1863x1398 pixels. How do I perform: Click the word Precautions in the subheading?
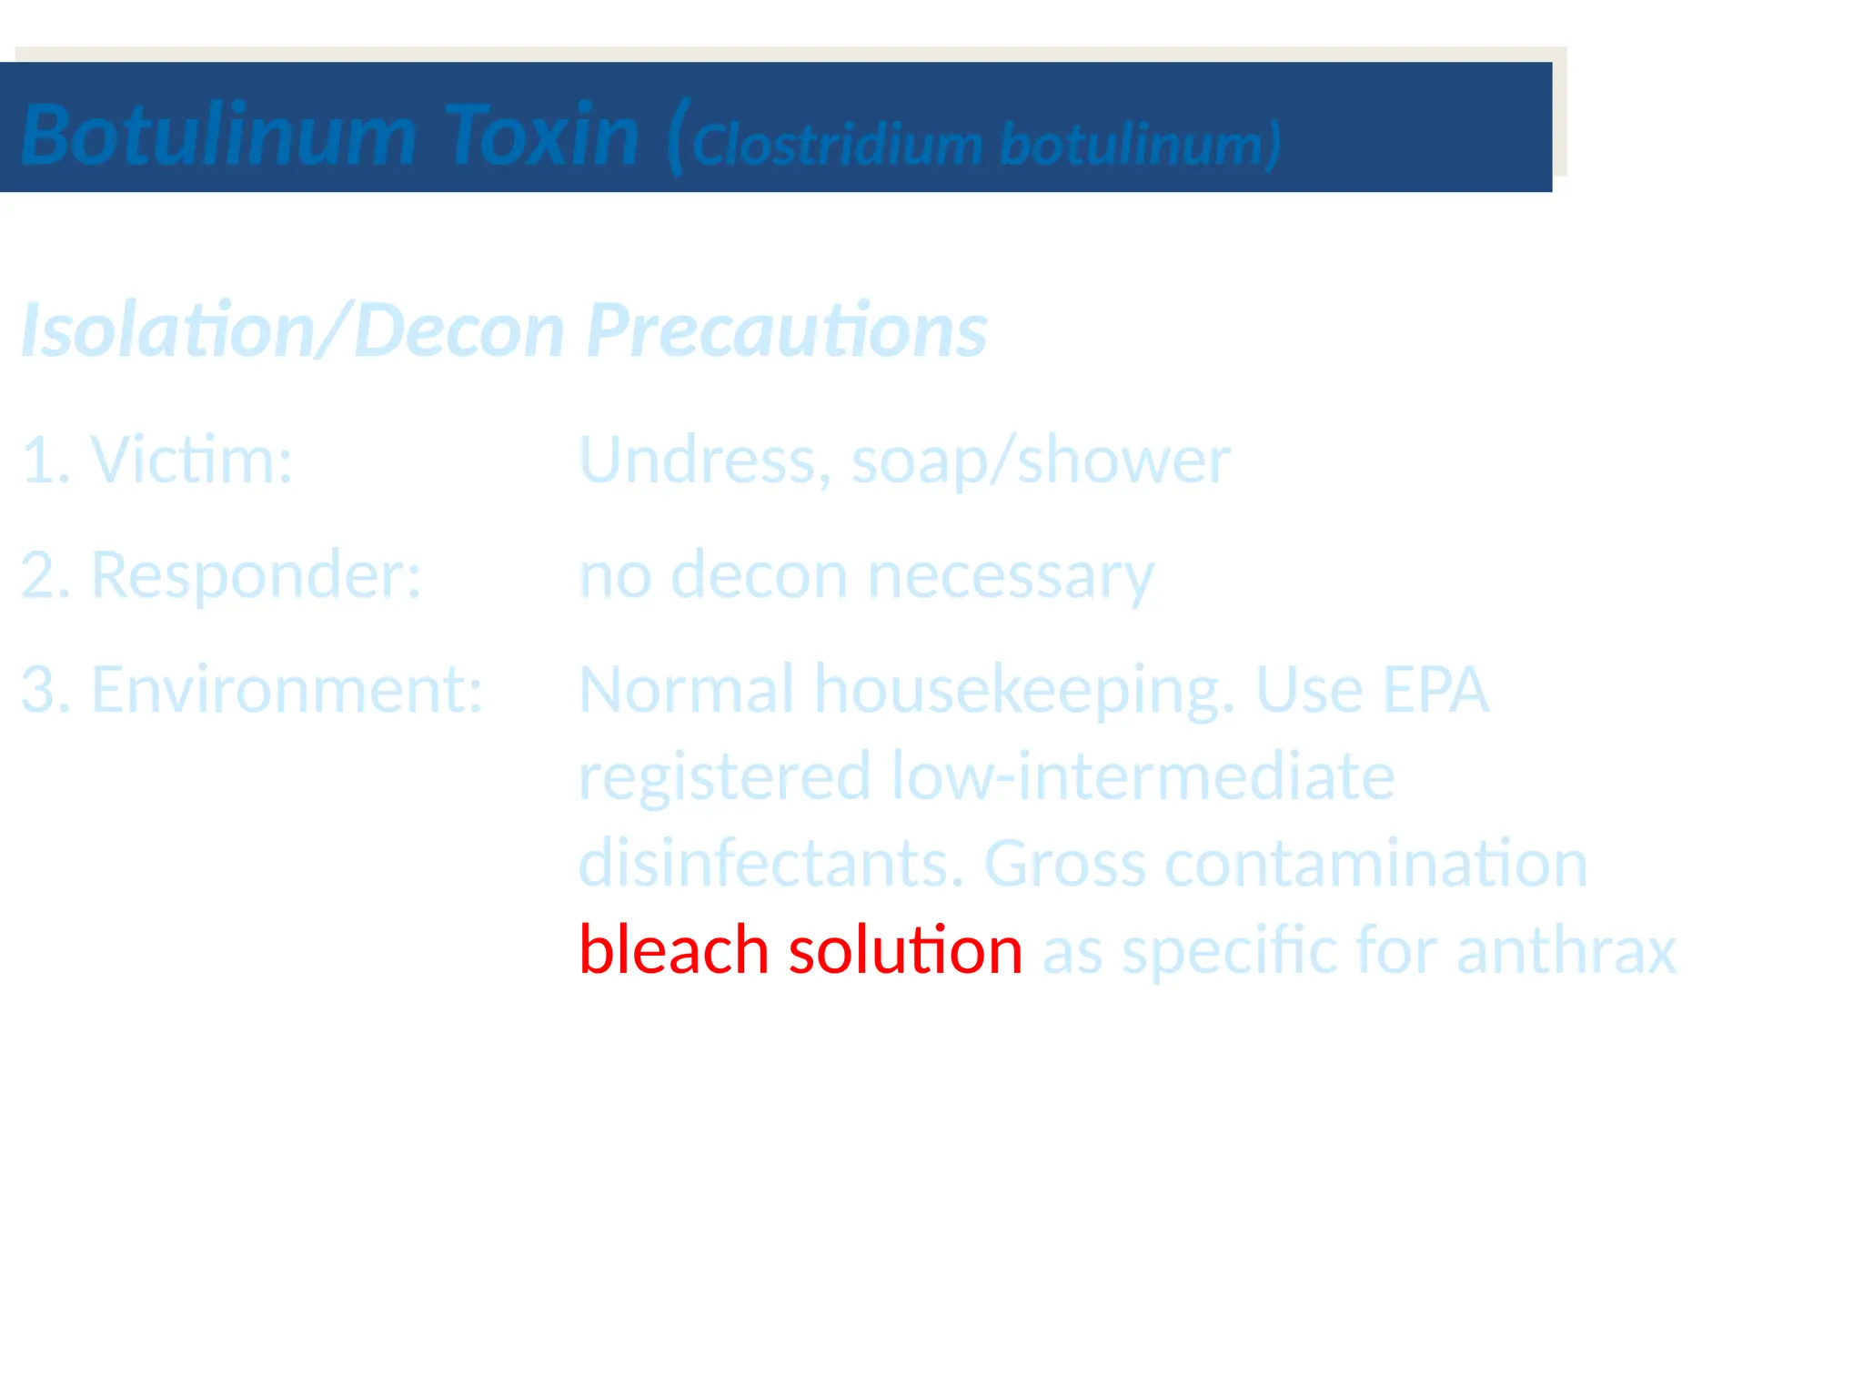[x=787, y=329]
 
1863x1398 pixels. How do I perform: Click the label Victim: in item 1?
[x=191, y=460]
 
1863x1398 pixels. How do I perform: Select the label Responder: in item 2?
[x=256, y=575]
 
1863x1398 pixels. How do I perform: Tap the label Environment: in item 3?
[x=287, y=689]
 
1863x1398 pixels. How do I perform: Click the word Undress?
[x=704, y=460]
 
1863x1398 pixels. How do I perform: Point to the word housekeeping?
[x=1024, y=690]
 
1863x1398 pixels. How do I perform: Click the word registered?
[x=724, y=776]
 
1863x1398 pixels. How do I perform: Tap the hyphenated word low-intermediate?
[x=1143, y=775]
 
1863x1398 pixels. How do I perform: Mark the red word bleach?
[x=673, y=949]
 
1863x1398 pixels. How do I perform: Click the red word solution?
[x=905, y=949]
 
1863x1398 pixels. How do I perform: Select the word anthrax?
[x=1566, y=949]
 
